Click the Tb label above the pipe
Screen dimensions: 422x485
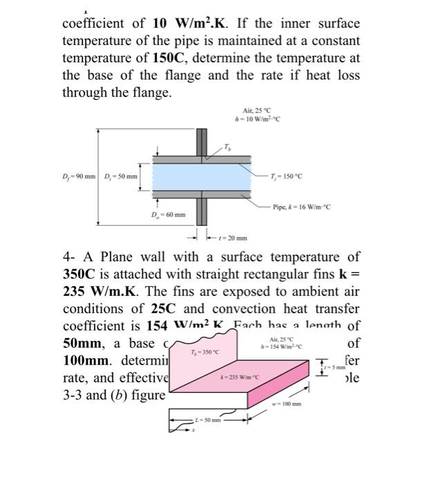[x=228, y=146]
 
